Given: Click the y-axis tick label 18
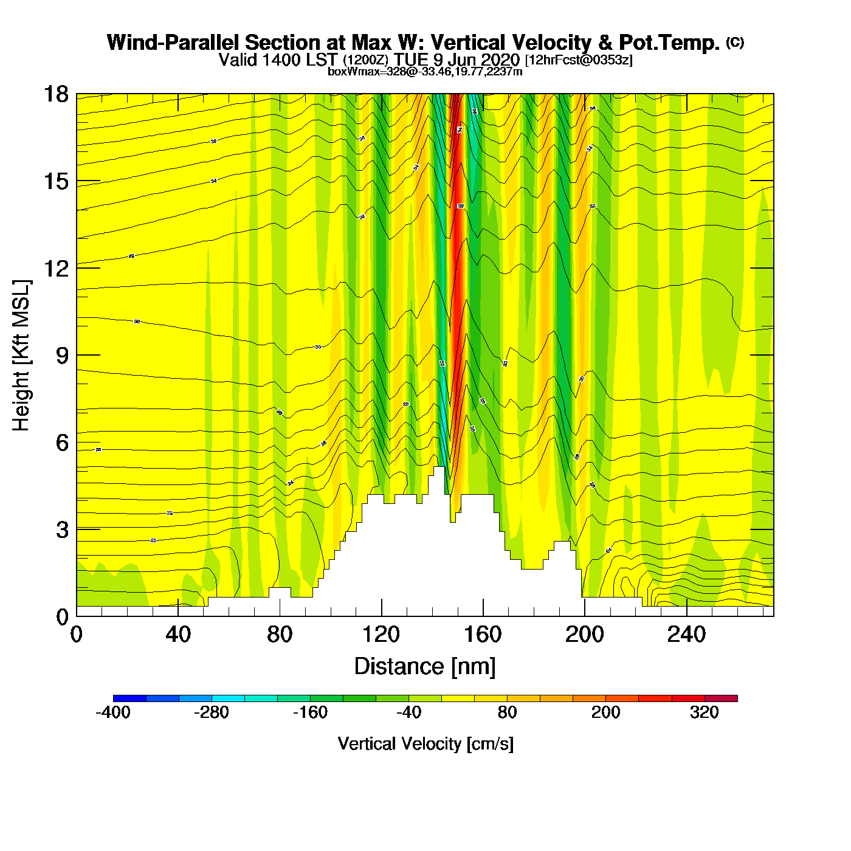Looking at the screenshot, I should (55, 94).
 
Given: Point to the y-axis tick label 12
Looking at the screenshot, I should (55, 268).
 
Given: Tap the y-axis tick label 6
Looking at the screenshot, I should (62, 443).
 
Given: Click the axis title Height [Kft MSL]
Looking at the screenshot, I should (21, 356).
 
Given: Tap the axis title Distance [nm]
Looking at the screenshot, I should (425, 667).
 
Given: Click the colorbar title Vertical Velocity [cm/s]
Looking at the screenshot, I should (425, 744).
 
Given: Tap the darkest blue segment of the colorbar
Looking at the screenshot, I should (129, 698).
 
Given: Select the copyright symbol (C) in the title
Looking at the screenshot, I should (735, 42).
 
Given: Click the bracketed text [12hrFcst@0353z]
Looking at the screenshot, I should (579, 60).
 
